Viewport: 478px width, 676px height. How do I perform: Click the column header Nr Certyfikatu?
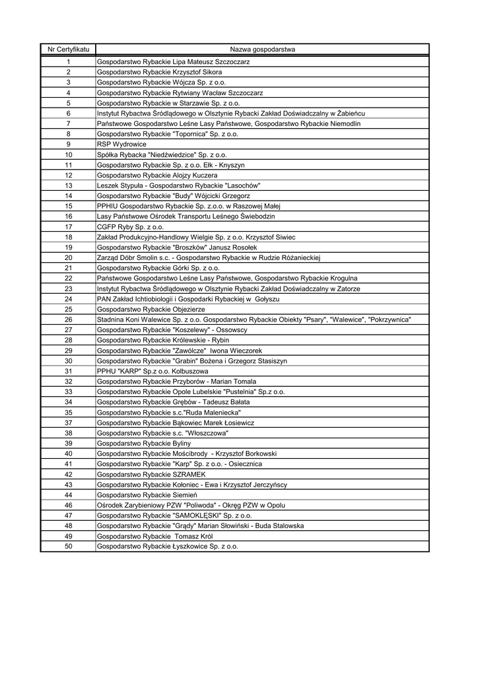[x=68, y=50]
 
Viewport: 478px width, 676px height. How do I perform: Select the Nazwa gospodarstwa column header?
[x=262, y=50]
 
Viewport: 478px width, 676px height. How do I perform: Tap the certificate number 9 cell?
[x=68, y=144]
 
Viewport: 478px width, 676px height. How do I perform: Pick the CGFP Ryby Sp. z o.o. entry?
[x=130, y=226]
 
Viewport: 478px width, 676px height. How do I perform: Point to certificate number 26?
[x=68, y=320]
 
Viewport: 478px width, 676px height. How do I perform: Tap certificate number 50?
[x=68, y=547]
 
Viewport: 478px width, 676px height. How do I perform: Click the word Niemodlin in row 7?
[x=344, y=123]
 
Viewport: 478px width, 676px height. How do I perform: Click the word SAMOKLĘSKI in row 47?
[x=197, y=516]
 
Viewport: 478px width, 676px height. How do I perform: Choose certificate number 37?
[x=68, y=422]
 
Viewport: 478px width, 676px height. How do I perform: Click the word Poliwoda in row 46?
[x=215, y=506]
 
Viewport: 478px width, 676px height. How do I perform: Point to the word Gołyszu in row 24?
[x=267, y=299]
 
